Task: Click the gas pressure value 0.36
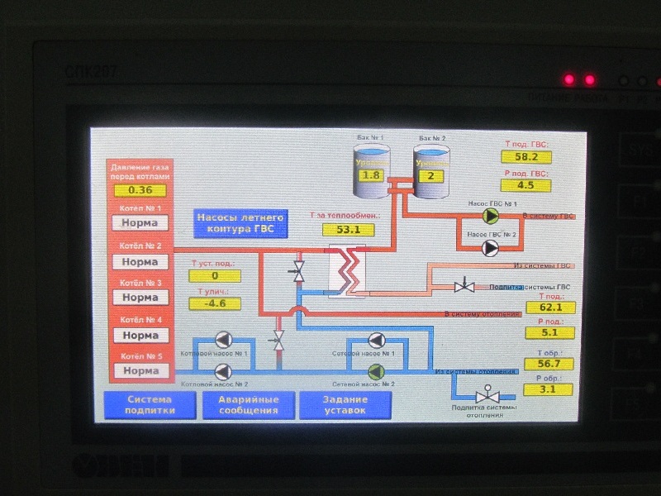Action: [x=140, y=191]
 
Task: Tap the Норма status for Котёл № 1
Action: [x=140, y=222]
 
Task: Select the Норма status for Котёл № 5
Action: [x=140, y=370]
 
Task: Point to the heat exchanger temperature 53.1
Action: [x=349, y=229]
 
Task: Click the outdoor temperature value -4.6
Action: [x=214, y=303]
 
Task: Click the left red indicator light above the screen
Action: [x=568, y=80]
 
